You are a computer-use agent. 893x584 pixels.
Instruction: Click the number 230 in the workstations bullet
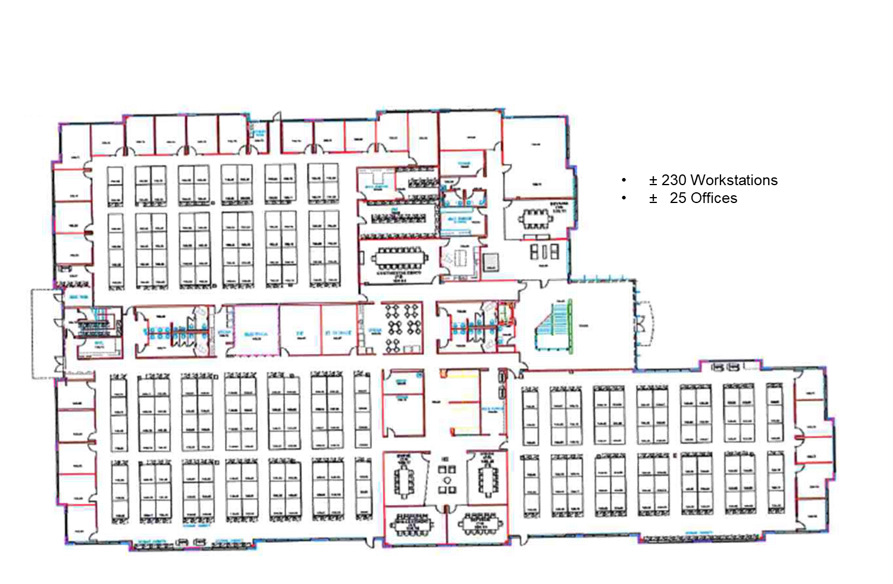[674, 180]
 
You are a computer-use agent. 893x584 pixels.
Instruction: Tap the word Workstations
[735, 180]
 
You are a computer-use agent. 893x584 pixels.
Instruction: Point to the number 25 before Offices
[678, 198]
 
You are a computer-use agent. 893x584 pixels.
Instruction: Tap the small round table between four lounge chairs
[446, 479]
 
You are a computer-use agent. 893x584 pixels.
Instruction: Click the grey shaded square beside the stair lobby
[491, 262]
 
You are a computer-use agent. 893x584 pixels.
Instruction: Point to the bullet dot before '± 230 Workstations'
[623, 180]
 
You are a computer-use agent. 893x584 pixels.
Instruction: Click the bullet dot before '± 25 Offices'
[623, 198]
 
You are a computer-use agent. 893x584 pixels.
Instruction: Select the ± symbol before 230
[653, 181]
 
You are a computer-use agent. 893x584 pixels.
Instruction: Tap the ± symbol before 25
[653, 199]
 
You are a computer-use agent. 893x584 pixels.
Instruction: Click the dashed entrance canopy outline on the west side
[43, 333]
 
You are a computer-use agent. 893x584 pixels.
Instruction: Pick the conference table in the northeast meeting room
[535, 219]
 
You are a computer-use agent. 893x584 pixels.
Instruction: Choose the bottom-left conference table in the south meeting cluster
[411, 525]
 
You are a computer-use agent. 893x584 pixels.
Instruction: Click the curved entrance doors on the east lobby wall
[643, 324]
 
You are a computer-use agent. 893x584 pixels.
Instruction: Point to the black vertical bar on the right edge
[875, 292]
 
